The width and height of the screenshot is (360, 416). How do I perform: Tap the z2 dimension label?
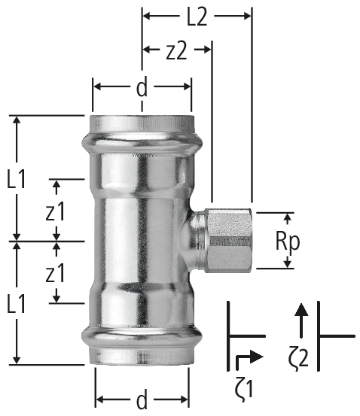click(x=176, y=51)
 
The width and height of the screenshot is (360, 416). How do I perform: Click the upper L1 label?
click(x=17, y=180)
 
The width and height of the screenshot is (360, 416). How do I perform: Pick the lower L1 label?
click(x=17, y=305)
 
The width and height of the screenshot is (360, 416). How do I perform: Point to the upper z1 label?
click(x=55, y=211)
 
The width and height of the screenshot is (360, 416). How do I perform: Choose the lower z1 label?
click(x=55, y=273)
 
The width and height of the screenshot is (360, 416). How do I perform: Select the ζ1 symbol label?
click(x=244, y=389)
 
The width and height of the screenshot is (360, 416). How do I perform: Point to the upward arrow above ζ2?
click(x=301, y=320)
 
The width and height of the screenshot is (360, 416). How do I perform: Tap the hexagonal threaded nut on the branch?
click(x=230, y=241)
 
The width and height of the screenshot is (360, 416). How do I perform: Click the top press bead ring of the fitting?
click(x=142, y=144)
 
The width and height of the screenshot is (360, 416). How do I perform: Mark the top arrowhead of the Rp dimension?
click(x=287, y=217)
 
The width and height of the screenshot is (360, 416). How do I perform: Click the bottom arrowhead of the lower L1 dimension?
click(x=17, y=360)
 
